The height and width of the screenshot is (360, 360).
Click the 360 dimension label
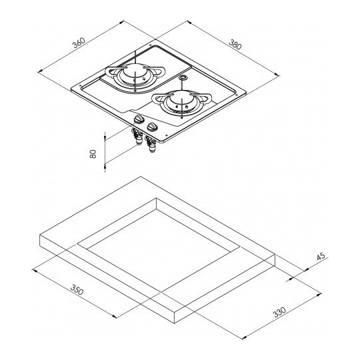pyautogui.click(x=79, y=43)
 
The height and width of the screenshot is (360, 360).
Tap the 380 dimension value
pyautogui.click(x=235, y=45)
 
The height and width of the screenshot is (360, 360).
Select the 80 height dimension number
pyautogui.click(x=93, y=154)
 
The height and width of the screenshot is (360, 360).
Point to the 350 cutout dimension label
pyautogui.click(x=77, y=290)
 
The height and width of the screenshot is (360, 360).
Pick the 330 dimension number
pyautogui.click(x=279, y=312)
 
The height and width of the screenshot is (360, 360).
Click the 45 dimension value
pyautogui.click(x=321, y=256)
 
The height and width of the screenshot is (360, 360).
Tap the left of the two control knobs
pyautogui.click(x=139, y=119)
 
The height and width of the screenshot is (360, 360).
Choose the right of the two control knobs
pyautogui.click(x=152, y=127)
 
